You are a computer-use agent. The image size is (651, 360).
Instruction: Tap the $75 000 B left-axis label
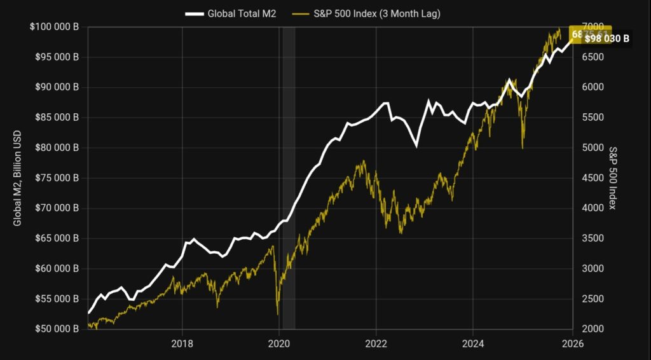pyautogui.click(x=56, y=178)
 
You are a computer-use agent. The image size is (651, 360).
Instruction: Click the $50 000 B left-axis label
pyautogui.click(x=56, y=329)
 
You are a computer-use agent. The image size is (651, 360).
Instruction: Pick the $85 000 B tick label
pyautogui.click(x=56, y=118)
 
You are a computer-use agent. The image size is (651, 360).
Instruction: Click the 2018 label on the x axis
pyautogui.click(x=182, y=344)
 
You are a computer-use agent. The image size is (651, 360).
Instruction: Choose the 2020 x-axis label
pyautogui.click(x=280, y=344)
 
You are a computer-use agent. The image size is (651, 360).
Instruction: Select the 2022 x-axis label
pyautogui.click(x=376, y=344)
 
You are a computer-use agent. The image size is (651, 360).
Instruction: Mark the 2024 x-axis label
pyautogui.click(x=473, y=344)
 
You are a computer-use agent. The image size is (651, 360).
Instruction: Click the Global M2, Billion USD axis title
pyautogui.click(x=17, y=178)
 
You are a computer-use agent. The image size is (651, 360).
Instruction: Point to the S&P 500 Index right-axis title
pyautogui.click(x=613, y=178)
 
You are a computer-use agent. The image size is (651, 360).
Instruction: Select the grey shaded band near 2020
pyautogui.click(x=289, y=178)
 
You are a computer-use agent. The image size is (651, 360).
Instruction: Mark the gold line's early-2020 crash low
pyautogui.click(x=278, y=314)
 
